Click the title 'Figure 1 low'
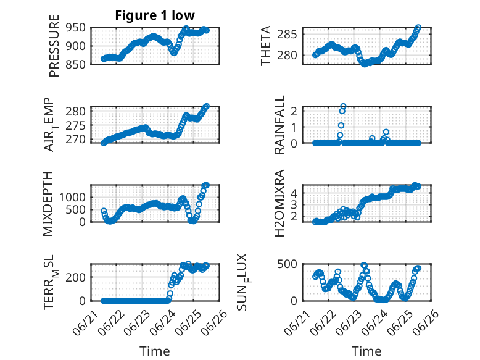point(155,15)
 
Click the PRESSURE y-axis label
point(54,46)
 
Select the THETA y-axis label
point(266,46)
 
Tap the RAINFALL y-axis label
point(279,125)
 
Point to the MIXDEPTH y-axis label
point(48,204)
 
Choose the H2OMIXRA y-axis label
point(279,203)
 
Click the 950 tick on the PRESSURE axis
point(75,28)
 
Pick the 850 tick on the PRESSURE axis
point(75,64)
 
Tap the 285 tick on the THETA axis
point(287,35)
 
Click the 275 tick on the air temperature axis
point(75,125)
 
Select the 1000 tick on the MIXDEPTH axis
point(72,197)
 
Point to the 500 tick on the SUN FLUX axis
point(287,264)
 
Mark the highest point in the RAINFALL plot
point(343,106)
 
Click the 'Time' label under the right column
point(366,351)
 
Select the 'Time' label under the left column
point(155,351)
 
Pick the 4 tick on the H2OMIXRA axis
point(294,193)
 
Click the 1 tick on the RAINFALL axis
point(294,127)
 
